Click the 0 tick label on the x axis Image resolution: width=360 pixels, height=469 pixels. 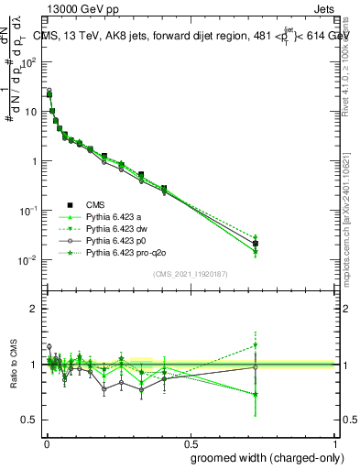pyautogui.click(x=45, y=442)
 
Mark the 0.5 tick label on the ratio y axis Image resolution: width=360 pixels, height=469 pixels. pyautogui.click(x=30, y=420)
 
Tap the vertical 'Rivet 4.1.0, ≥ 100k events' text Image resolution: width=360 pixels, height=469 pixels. pyautogui.click(x=351, y=54)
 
